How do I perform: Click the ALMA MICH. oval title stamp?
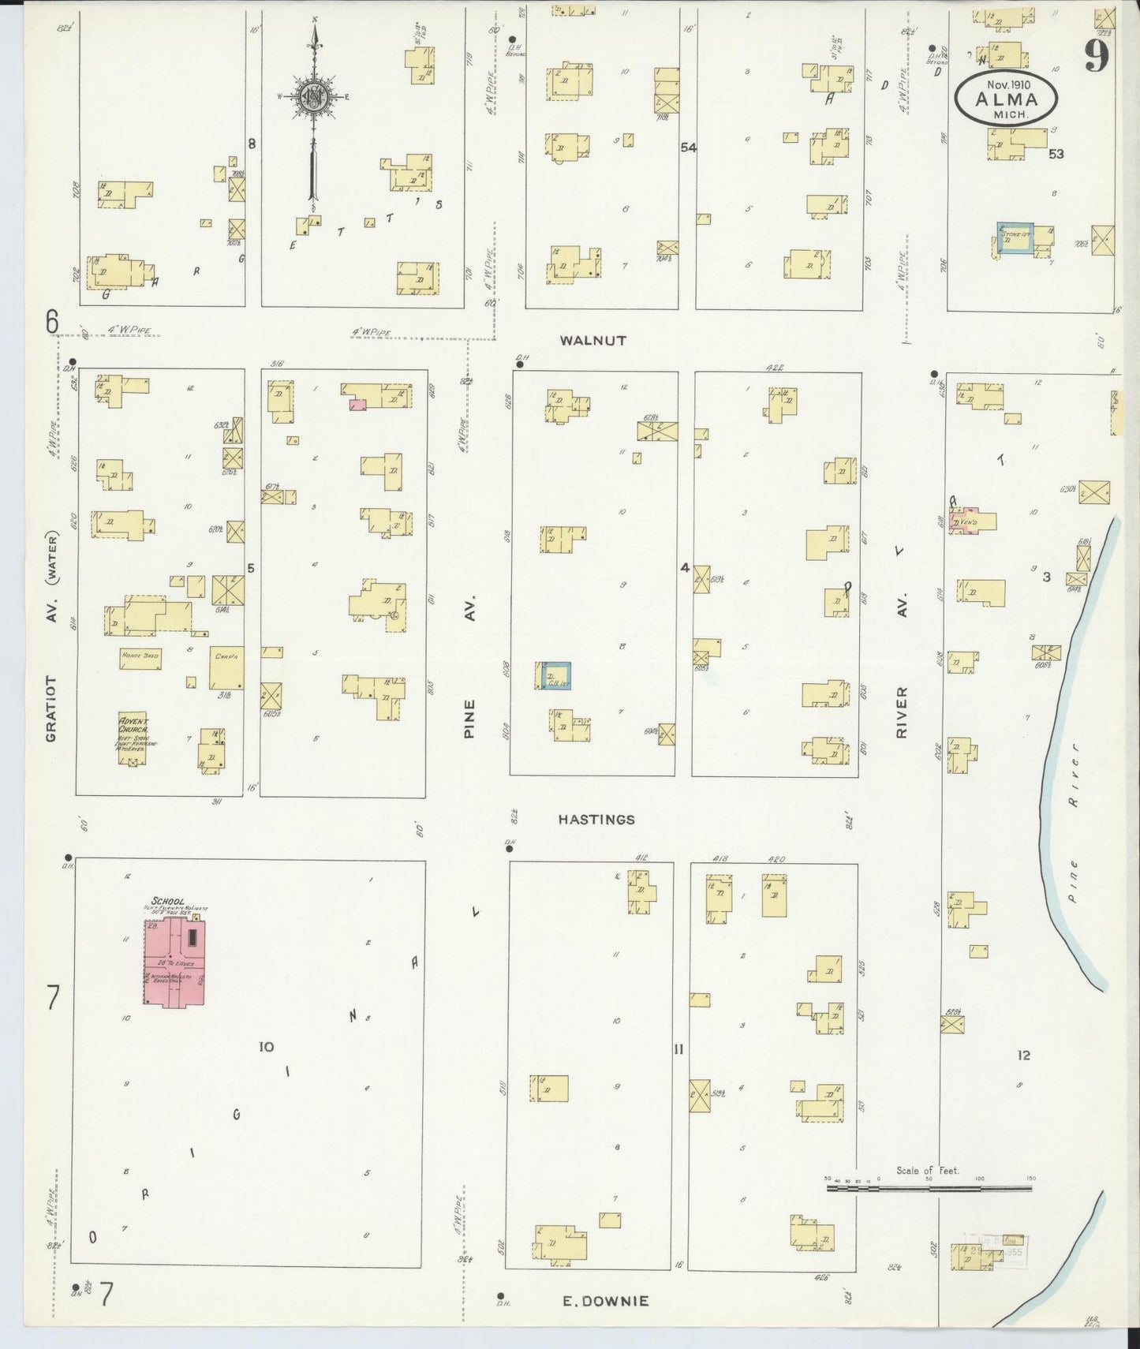[x=1005, y=99]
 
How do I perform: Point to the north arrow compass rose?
[x=313, y=99]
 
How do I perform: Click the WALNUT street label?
[x=592, y=341]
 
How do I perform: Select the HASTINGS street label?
[x=596, y=820]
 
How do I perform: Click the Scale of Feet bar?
[x=929, y=1187]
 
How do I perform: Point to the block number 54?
[x=688, y=147]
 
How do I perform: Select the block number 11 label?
[x=678, y=1049]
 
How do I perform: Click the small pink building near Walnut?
[x=357, y=403]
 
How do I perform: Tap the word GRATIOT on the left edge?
[x=50, y=708]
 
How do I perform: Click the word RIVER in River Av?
[x=902, y=712]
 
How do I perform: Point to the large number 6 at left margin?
[x=52, y=322]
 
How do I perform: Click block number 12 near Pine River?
[x=1023, y=1056]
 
